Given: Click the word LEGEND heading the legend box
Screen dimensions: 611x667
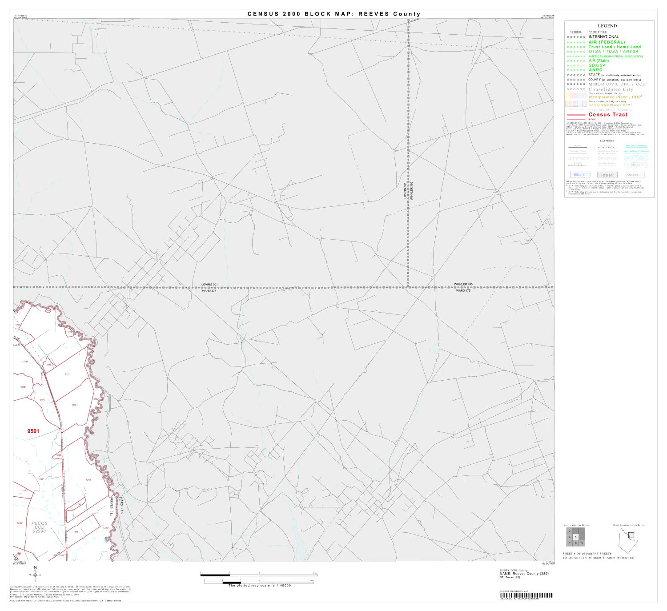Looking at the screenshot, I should pos(607,26).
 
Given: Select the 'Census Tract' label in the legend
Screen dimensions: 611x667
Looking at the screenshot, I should pos(608,115).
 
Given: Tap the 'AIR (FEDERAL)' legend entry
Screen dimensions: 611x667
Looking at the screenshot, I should pos(607,42).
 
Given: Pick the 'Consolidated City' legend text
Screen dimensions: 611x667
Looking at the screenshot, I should pos(611,89).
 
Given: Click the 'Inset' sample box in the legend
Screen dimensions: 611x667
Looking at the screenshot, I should pos(607,175).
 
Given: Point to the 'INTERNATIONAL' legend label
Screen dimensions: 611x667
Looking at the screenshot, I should pos(603,37).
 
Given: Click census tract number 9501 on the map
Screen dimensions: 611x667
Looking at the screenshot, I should pos(33,431).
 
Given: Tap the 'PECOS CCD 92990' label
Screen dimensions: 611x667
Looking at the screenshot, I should pos(39,527).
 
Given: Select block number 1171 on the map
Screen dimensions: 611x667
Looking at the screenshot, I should pos(67,374).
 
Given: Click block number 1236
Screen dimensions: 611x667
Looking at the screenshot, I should pos(74,405).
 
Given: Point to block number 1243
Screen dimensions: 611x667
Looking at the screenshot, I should pos(76,532).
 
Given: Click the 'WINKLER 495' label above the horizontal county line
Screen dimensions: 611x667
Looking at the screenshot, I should pos(463,284).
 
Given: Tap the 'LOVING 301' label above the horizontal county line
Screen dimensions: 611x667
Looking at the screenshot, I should pos(209,284).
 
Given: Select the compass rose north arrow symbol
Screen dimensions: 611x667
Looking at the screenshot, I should pos(35,574).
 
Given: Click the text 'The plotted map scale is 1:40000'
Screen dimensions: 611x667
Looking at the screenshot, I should pos(260,586).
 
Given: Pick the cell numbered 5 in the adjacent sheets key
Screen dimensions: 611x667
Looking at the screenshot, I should pos(576,537).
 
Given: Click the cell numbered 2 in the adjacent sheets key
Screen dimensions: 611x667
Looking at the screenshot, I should pos(570,531).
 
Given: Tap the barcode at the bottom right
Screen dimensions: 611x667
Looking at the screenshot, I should pos(526,595).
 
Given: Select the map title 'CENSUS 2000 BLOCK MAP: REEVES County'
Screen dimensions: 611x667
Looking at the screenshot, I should pos(333,14).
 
